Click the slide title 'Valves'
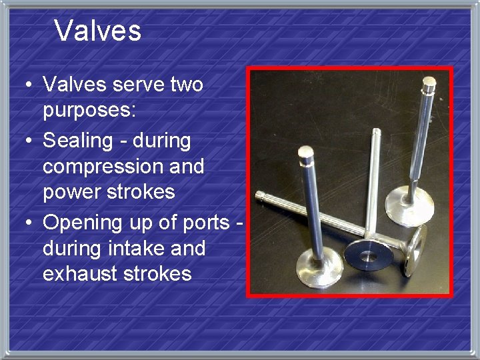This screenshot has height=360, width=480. pyautogui.click(x=97, y=31)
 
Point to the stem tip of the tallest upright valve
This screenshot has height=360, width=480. pyautogui.click(x=429, y=84)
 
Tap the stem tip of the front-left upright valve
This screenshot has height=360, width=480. pyautogui.click(x=306, y=155)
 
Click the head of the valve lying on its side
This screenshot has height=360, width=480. pyautogui.click(x=417, y=251)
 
